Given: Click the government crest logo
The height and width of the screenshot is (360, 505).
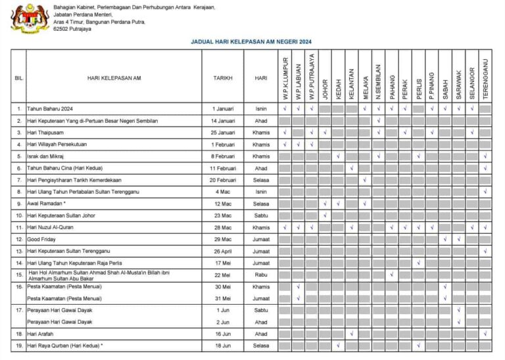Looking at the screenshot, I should (30, 18).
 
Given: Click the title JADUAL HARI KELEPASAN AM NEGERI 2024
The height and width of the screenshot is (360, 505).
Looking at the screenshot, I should (251, 41).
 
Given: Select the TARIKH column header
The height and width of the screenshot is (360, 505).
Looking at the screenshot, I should (222, 78).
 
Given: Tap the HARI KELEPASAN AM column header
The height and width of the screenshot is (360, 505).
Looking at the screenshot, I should (114, 78).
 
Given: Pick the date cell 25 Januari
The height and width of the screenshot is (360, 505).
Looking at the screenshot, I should (222, 133).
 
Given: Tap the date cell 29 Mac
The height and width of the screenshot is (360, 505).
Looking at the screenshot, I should (222, 239).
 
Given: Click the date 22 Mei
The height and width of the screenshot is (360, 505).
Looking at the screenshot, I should (222, 275).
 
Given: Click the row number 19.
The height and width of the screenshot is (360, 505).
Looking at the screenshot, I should (19, 346).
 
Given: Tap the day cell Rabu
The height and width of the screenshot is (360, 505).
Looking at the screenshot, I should (261, 275).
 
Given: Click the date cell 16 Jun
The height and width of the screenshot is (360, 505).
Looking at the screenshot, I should (222, 334).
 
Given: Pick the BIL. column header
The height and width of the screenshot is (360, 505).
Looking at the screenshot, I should (19, 78).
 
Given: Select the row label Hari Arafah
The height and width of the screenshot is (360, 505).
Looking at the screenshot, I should (41, 334).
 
